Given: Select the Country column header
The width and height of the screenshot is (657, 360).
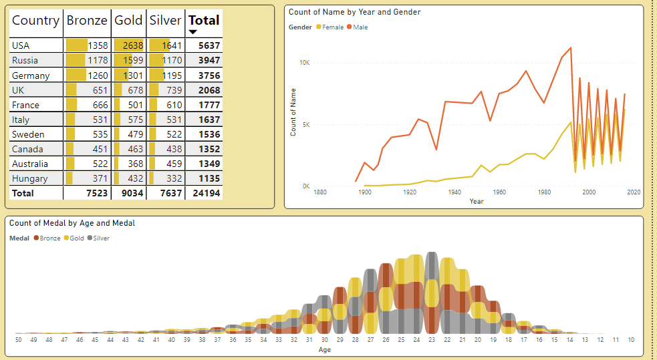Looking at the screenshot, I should (x=35, y=20).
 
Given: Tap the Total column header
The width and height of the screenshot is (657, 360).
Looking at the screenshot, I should (x=204, y=20).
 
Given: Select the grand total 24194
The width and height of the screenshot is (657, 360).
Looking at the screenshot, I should (x=205, y=193).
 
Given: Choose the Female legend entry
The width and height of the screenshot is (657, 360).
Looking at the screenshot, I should (x=332, y=27).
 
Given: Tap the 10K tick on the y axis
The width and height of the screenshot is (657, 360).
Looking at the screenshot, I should (x=304, y=62).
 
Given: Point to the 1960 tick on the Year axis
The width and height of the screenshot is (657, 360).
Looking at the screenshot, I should (x=499, y=192).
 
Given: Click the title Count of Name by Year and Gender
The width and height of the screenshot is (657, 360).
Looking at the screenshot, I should (x=354, y=12).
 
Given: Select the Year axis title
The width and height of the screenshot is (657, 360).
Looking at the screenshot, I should (x=476, y=201).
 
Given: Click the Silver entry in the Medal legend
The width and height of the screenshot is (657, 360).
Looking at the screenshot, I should (x=101, y=238).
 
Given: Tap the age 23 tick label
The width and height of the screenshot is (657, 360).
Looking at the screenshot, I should (x=432, y=340).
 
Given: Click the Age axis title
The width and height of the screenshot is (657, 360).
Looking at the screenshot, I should (x=324, y=349).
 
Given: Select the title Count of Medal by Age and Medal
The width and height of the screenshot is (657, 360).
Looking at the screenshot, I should (x=72, y=223).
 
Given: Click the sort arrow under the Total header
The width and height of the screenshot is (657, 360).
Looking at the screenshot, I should (x=193, y=32).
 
